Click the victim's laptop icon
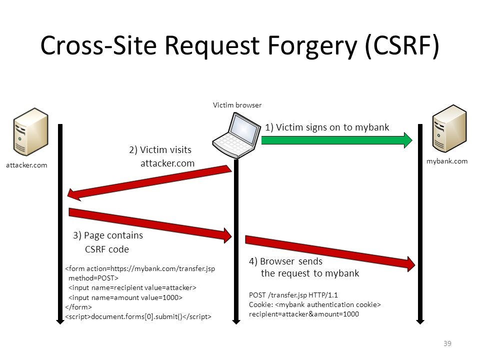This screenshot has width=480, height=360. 236,134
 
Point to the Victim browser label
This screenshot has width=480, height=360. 237,105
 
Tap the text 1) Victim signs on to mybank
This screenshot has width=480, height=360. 327,127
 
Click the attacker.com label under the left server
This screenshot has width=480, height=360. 26,165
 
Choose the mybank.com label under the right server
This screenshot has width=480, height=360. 447,161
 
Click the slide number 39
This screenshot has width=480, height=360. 447,343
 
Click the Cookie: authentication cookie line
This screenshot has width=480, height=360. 315,304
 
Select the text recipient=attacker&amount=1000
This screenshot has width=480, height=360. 303,314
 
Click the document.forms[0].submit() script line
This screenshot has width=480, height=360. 138,316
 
